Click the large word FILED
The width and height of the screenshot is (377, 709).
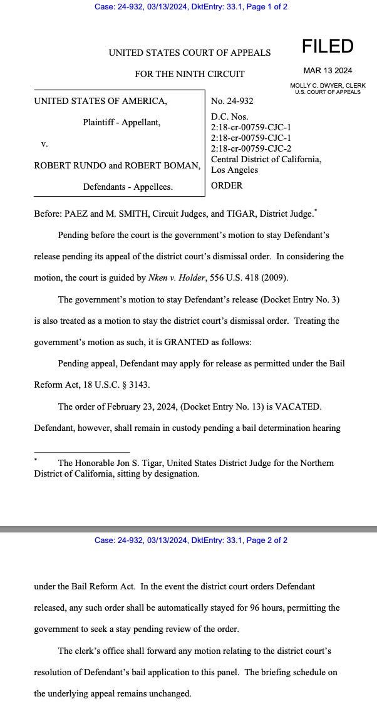328,46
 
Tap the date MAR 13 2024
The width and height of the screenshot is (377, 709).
328,70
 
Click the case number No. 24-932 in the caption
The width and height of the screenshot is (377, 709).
232,101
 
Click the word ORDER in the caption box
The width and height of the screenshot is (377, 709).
227,185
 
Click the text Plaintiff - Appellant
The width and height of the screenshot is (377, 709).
121,122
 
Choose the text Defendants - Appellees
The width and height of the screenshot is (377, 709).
128,187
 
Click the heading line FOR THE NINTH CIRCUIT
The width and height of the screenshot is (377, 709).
190,74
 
